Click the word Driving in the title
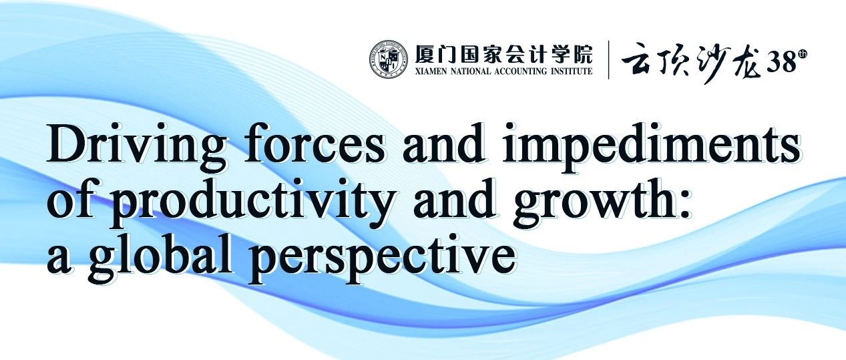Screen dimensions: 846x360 tap(137, 148)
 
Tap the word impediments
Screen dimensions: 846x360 tap(651, 148)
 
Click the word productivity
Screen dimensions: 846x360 tap(253, 204)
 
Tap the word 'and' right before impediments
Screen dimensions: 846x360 tap(444, 144)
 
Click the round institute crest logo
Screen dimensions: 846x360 tap(389, 61)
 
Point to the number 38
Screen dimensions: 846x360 tap(781, 62)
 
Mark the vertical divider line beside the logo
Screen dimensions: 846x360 tap(608, 59)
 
